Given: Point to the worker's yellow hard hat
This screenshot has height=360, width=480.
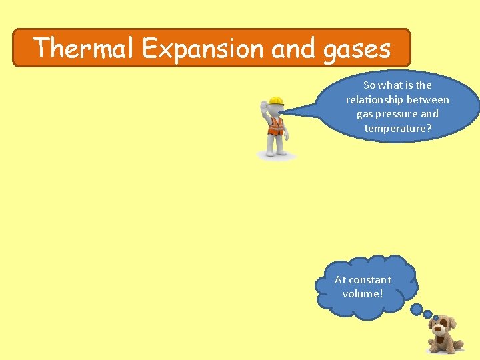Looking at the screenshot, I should (275, 101).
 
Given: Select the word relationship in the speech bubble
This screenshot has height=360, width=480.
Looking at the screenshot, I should (375, 100).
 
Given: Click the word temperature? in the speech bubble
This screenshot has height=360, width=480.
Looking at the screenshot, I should (398, 128).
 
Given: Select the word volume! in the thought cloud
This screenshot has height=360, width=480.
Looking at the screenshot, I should (363, 294).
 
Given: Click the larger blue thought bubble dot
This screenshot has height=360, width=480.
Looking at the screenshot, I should (417, 310).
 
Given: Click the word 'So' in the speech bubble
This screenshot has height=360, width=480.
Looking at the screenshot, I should (369, 85).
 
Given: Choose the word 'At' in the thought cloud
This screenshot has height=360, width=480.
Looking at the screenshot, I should (340, 280).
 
